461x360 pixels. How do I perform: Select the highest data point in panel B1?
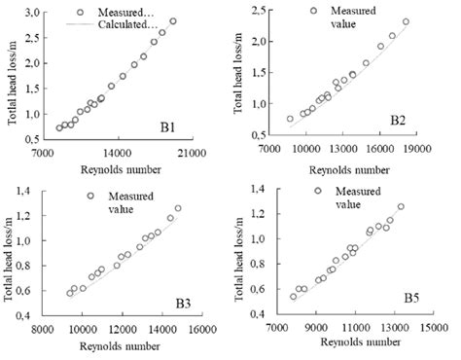[173, 21]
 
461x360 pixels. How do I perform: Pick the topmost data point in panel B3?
[178, 207]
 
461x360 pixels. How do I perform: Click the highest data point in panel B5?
[401, 206]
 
